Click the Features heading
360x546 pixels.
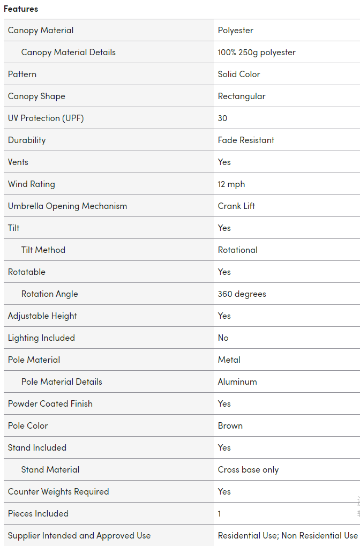(21, 9)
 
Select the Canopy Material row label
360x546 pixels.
(41, 31)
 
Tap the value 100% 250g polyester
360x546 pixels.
(257, 53)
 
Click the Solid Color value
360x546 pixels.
(239, 74)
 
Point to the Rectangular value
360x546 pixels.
(242, 96)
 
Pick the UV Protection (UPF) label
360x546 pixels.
(46, 118)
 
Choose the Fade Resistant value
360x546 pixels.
(246, 140)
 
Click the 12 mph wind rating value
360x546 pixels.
(231, 184)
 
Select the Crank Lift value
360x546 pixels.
(236, 206)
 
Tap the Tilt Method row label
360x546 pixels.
(43, 250)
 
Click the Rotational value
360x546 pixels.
(237, 250)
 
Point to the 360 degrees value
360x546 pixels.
(242, 294)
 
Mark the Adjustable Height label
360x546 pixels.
(42, 316)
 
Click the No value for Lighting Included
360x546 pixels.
(223, 338)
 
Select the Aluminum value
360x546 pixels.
(237, 382)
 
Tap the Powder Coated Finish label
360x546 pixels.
(50, 404)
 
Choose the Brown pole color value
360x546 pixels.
(230, 426)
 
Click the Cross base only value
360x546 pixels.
(248, 470)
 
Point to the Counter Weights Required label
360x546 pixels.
(58, 492)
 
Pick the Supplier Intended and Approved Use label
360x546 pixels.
(79, 536)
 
